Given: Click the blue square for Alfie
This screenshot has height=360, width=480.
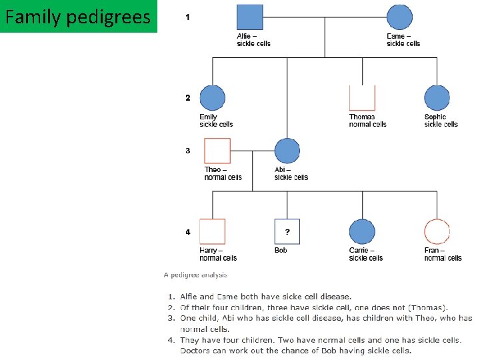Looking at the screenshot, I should pos(250,17).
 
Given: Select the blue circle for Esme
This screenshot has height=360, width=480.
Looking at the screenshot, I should pos(400,17).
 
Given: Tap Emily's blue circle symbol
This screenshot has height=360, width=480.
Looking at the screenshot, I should pos(213,98).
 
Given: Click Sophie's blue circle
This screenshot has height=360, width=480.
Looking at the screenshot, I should pos(437,98).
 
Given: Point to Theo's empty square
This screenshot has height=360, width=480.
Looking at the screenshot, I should pos(217,151).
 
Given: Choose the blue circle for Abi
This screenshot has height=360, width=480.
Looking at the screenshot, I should pos(287,151).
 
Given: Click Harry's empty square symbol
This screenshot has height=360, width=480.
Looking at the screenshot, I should pos(212,231).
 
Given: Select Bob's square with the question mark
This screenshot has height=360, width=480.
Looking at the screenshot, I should pos(287,231).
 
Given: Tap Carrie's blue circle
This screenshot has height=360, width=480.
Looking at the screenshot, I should pos(362,231).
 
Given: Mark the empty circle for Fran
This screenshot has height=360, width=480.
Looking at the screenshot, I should pos(437,231).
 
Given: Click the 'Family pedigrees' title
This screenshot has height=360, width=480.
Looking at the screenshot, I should pos(78,16).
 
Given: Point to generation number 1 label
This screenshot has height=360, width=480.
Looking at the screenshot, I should pos(187,17).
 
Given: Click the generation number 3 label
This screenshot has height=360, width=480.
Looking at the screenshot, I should pos(188,151).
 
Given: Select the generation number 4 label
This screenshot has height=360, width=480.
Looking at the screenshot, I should pos(188,232).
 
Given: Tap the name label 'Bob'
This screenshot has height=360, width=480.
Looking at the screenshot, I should pos(281,251).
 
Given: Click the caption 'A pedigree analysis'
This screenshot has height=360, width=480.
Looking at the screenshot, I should pos(195,275).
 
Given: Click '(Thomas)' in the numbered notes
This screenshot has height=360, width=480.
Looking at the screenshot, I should pos(426,307).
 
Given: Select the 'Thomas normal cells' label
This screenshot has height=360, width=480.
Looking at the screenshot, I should pos(367,121).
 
